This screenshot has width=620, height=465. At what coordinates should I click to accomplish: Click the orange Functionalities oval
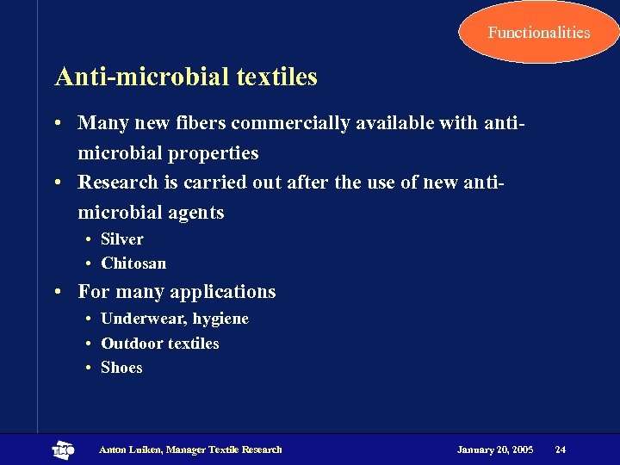(538, 33)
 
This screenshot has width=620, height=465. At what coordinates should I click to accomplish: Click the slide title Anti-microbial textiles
(186, 77)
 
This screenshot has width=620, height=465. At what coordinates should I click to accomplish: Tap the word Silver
(122, 239)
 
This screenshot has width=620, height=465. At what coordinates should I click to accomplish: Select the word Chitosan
(133, 263)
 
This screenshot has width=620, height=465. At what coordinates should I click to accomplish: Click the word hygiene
(220, 319)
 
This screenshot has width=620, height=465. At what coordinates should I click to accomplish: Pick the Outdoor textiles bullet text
(160, 344)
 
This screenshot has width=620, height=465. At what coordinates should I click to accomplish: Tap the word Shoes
(121, 368)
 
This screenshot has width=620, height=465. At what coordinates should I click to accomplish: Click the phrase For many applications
(177, 292)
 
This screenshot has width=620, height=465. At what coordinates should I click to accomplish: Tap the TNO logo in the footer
(64, 449)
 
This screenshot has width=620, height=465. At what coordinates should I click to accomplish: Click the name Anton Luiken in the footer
(129, 449)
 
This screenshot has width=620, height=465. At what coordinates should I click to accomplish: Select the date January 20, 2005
(495, 449)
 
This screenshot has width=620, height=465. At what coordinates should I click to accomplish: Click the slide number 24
(561, 449)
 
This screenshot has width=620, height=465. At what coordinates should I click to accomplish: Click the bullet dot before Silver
(89, 239)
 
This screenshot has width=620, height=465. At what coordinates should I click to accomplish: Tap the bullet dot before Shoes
(89, 368)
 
